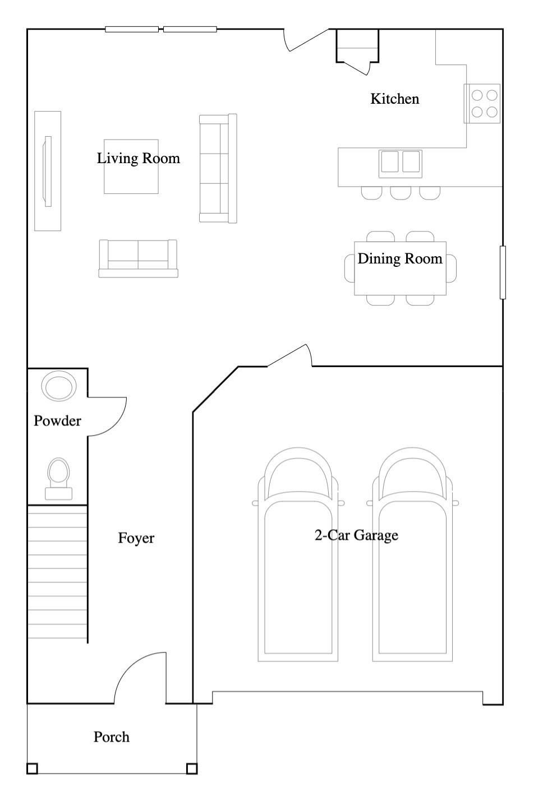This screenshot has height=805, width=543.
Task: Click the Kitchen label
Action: [395, 99]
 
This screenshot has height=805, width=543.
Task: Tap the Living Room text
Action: [139, 159]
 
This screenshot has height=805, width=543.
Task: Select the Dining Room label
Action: [400, 259]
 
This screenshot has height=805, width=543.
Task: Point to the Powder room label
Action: [58, 421]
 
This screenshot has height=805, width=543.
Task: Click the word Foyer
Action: [136, 538]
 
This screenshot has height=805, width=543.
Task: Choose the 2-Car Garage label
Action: [356, 535]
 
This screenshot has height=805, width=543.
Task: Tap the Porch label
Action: [112, 737]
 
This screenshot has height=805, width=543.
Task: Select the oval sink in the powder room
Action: [59, 386]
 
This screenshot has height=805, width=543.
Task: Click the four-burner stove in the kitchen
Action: [482, 104]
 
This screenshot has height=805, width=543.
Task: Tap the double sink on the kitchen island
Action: [400, 164]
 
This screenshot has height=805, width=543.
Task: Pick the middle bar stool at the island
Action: [401, 193]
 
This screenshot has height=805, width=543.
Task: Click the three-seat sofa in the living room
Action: [218, 168]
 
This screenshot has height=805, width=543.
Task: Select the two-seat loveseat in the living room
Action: [139, 258]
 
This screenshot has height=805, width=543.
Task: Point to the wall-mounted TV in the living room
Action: [47, 172]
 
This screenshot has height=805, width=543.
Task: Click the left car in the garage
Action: [298, 554]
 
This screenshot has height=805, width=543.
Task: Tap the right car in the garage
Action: [412, 554]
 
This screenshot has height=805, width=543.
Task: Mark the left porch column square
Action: [32, 769]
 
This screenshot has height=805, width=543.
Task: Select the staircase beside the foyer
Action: [58, 574]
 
